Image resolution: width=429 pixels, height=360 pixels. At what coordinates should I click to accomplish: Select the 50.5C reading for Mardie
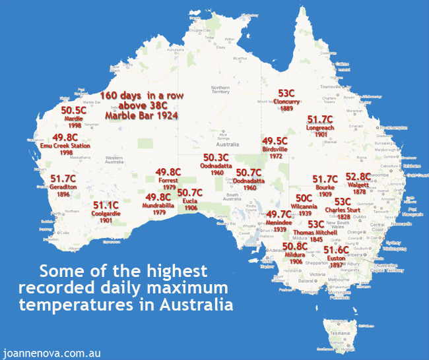(74, 110)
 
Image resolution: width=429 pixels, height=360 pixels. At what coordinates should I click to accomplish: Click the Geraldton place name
(63, 187)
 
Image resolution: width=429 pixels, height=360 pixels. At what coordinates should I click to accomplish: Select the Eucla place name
(190, 200)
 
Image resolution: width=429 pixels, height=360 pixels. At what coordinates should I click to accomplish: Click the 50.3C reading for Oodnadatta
(215, 158)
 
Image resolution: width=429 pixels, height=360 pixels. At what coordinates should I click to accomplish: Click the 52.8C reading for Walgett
(359, 177)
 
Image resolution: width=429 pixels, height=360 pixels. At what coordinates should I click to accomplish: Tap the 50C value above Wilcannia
(304, 197)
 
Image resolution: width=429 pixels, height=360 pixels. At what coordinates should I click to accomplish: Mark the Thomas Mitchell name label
(316, 233)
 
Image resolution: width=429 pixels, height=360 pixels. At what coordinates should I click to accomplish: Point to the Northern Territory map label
(220, 90)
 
